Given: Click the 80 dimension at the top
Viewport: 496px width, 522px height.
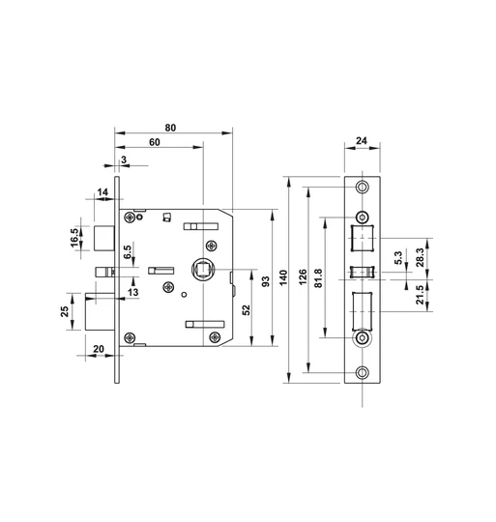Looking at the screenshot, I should click(x=170, y=127).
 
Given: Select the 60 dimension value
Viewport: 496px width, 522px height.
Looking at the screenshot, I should click(x=155, y=143).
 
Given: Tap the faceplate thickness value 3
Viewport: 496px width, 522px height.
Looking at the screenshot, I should click(x=123, y=159).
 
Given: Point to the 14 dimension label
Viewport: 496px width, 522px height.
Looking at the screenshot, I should click(x=102, y=193).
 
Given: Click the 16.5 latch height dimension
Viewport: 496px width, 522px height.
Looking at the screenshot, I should click(x=75, y=237).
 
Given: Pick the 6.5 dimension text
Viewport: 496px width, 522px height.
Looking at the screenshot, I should click(x=128, y=252).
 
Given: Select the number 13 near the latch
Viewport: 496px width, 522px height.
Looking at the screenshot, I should click(x=132, y=291).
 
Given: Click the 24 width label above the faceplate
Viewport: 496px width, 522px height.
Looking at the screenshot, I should click(x=362, y=140).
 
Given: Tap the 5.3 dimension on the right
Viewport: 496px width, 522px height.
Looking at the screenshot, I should click(x=399, y=258).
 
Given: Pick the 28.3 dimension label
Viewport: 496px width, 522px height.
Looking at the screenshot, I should click(x=419, y=258).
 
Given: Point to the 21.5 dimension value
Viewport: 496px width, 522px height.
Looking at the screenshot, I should click(x=419, y=293).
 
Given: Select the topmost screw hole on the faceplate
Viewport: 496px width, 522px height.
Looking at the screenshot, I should click(x=363, y=188).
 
